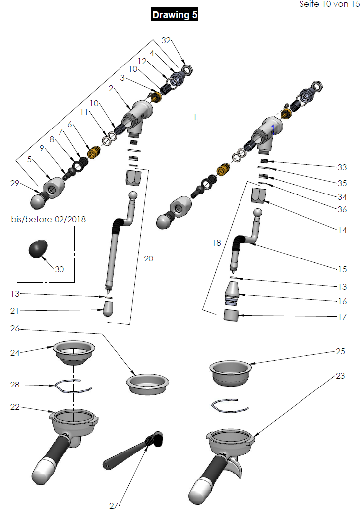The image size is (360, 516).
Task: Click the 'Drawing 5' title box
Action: point(175,15)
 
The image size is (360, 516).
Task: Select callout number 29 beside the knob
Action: point(15,184)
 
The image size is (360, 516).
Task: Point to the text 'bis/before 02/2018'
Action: point(49,219)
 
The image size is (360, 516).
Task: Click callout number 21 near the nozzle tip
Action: point(15,311)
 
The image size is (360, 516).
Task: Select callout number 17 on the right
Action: point(342,316)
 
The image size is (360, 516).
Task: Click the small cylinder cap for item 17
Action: point(232,315)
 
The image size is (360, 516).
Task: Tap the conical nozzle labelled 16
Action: point(232,292)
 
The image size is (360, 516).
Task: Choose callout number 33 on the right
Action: point(342,167)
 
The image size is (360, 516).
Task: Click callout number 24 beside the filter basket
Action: point(15,353)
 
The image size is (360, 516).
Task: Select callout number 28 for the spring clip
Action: point(15,385)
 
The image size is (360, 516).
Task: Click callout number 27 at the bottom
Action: point(114,506)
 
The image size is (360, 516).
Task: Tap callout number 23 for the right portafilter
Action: point(340,376)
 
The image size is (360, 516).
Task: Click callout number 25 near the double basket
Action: point(340,351)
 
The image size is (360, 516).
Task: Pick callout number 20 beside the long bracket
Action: point(149,258)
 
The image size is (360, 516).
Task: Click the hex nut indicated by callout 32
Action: point(188,69)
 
